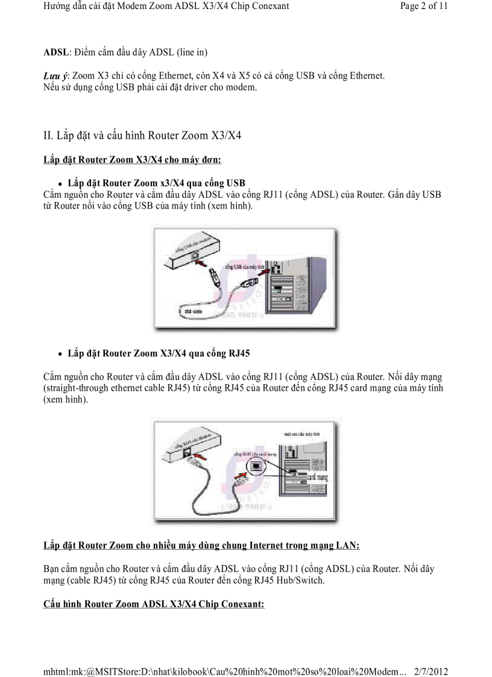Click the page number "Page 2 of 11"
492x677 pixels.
coord(424,7)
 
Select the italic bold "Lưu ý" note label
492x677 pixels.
coord(56,76)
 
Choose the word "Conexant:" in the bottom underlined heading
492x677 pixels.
coord(242,604)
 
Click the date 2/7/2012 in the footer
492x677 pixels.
coord(431,672)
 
